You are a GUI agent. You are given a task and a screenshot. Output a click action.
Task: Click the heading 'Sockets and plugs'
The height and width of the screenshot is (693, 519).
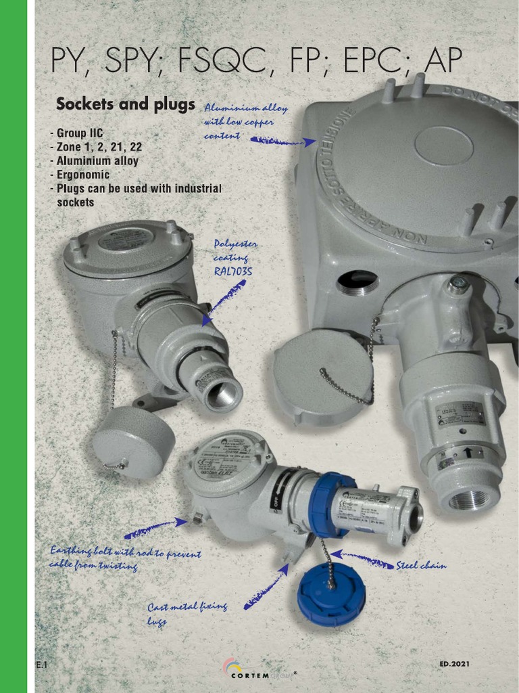tap(125, 105)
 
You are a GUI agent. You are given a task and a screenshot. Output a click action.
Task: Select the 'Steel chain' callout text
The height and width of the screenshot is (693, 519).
tap(421, 566)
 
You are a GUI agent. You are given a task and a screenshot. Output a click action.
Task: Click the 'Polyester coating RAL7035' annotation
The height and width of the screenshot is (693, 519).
tap(235, 257)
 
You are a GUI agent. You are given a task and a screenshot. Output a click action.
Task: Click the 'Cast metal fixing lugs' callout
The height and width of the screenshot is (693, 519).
tap(187, 613)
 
